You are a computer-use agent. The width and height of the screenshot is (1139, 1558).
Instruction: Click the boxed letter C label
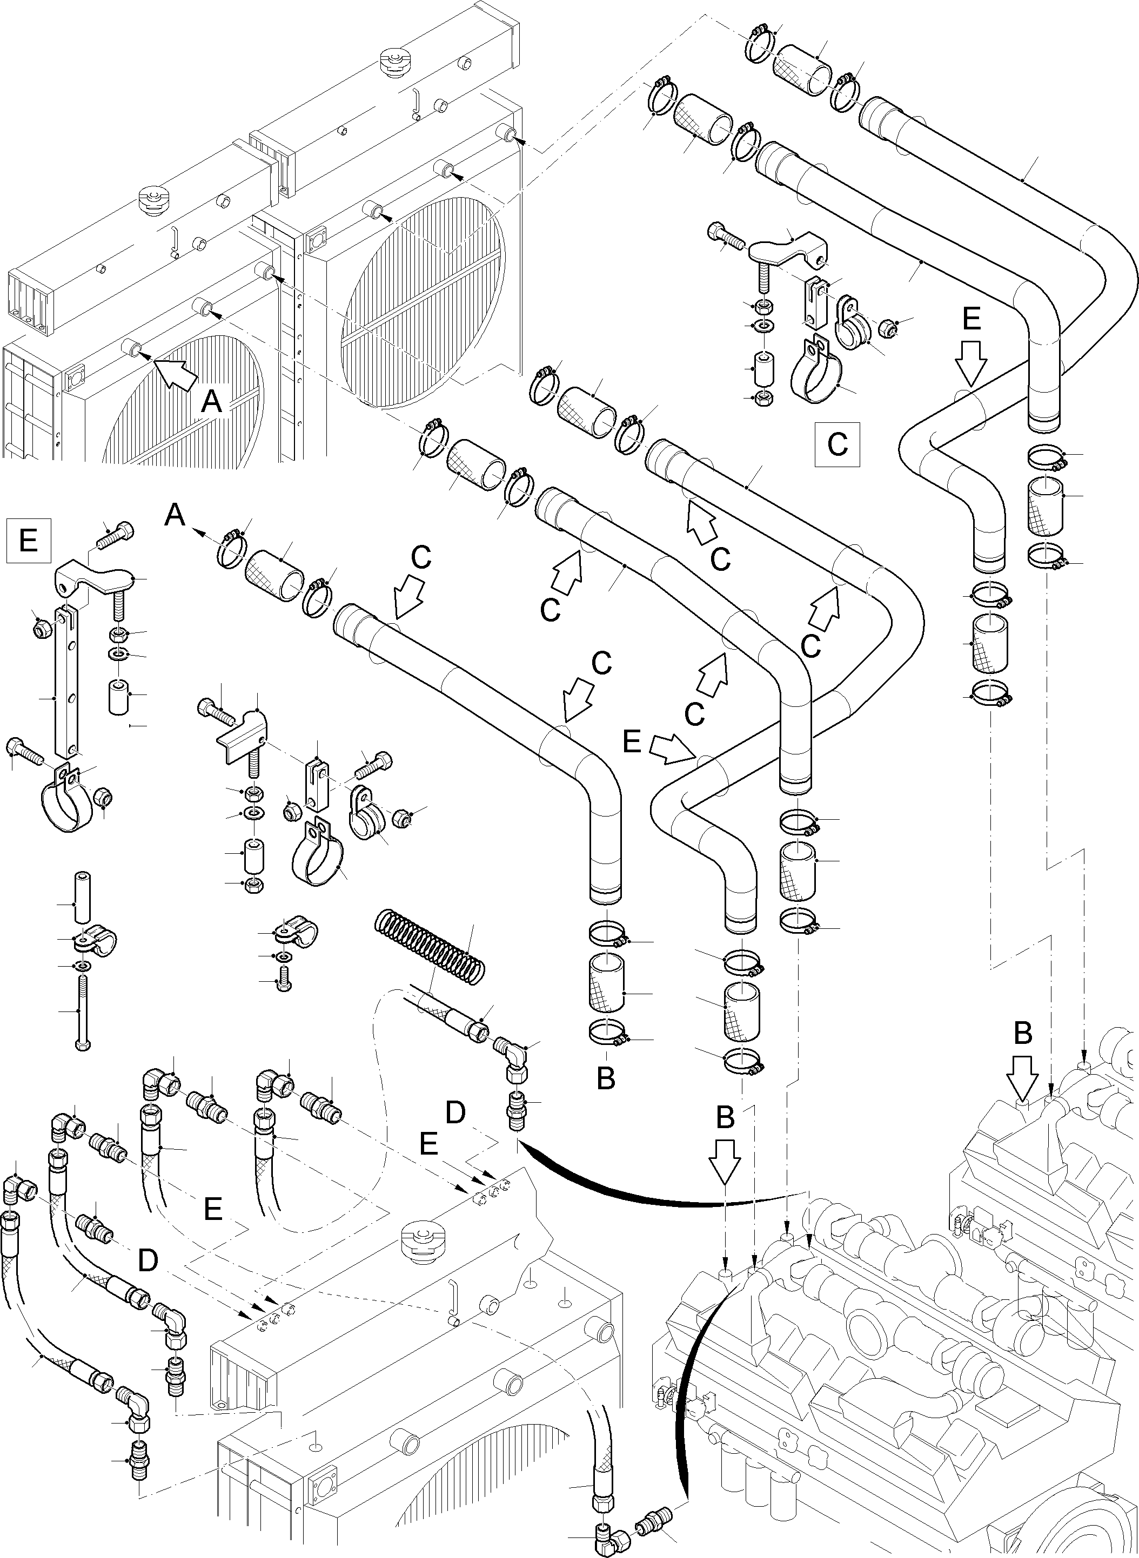837,444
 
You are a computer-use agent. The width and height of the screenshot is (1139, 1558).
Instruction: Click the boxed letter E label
28,539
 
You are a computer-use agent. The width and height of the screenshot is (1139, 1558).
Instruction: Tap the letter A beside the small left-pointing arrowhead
175,515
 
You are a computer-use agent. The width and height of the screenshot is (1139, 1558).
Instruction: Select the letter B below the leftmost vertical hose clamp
605,1079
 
